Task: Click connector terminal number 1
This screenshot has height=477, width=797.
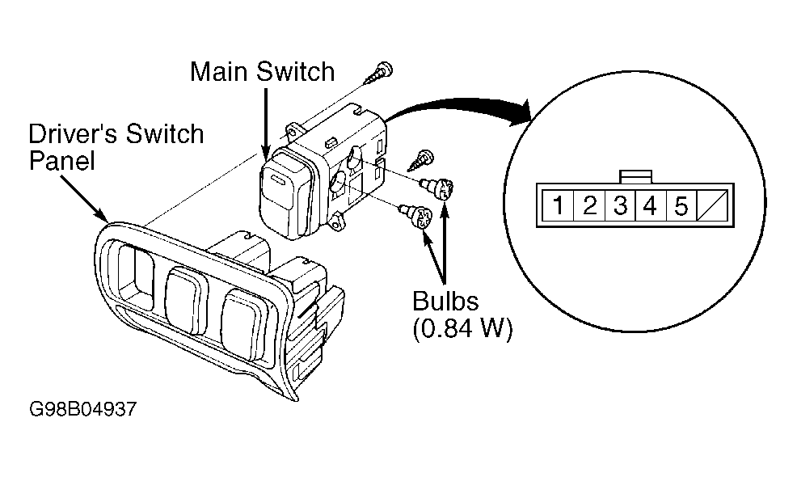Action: coord(558,205)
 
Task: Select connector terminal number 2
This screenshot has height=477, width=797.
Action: coord(589,205)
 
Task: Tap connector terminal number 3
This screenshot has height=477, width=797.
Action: coord(620,205)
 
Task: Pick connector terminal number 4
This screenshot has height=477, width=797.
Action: coord(651,205)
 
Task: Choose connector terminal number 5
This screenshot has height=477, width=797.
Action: coord(681,205)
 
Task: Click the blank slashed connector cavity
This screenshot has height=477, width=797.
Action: coord(712,205)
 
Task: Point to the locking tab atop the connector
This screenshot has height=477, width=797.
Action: coord(635,177)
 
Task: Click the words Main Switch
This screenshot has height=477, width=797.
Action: coord(262,71)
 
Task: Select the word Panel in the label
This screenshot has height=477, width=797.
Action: coord(62,161)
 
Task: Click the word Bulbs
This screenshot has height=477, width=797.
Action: coord(445,301)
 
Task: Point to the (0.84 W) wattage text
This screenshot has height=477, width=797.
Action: coord(462,328)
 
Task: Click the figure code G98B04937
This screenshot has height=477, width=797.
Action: coord(82,409)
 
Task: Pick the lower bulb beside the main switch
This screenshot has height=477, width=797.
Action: coord(415,216)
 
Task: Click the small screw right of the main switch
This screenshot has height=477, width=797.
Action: coord(421,160)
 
